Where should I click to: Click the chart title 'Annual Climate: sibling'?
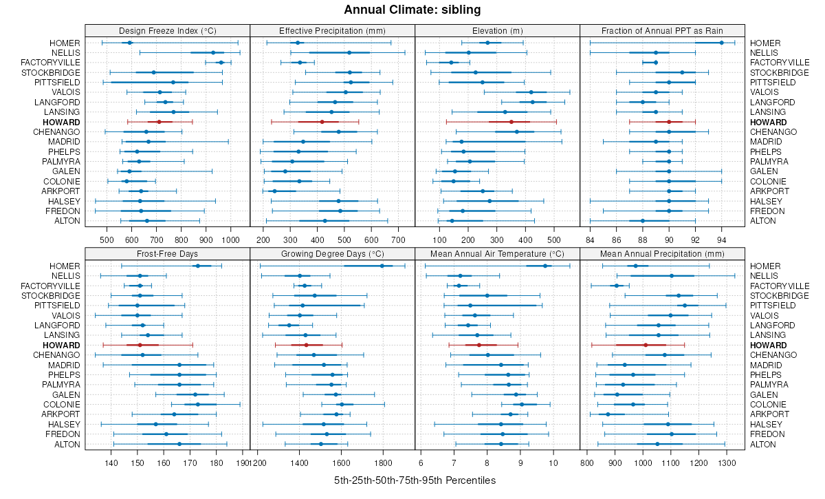(x=412, y=10)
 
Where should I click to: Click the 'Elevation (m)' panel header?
(x=497, y=31)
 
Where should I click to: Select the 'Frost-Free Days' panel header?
(x=167, y=254)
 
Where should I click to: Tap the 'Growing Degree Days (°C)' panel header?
(x=332, y=254)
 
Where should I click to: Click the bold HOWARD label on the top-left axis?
(x=64, y=122)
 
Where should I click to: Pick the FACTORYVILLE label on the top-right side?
(x=780, y=63)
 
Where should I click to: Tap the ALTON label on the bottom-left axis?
(x=67, y=445)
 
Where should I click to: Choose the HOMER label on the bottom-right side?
(x=765, y=266)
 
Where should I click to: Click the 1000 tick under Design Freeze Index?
(x=230, y=240)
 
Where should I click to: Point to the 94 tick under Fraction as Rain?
(x=721, y=240)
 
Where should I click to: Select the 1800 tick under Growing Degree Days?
(x=384, y=463)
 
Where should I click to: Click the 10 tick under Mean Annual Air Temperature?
(x=552, y=463)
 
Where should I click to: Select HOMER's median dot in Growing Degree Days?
(x=382, y=266)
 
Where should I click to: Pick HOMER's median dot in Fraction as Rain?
(x=721, y=43)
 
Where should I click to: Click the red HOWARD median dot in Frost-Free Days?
(x=140, y=345)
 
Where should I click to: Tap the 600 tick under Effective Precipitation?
(x=371, y=240)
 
